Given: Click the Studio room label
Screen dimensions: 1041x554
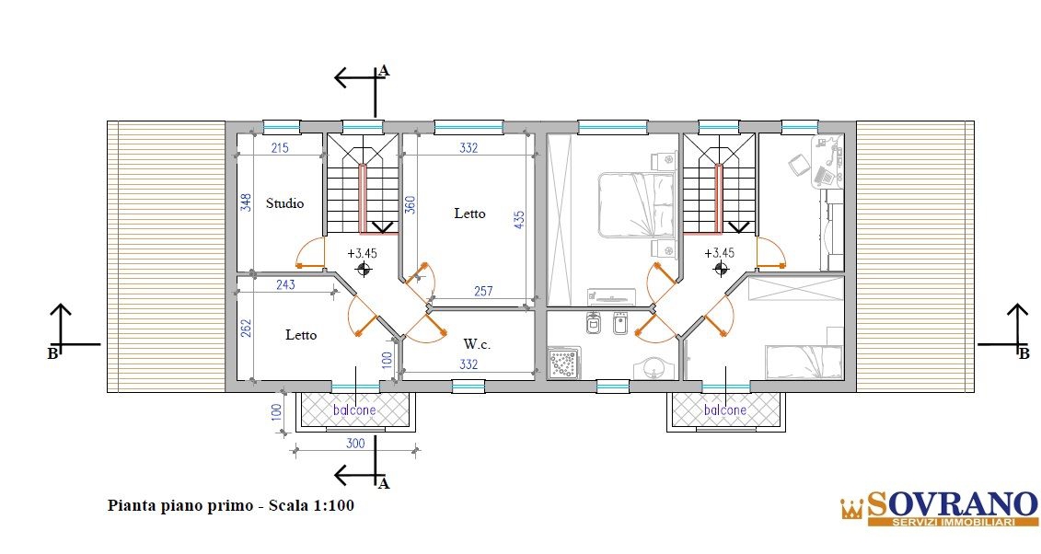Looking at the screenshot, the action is point(284,203).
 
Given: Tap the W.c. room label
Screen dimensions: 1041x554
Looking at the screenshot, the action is point(477,344).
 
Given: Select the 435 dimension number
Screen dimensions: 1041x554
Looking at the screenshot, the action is point(519,220).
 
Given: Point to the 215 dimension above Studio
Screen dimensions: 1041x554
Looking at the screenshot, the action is point(280,147).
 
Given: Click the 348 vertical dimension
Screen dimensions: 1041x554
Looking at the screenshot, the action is point(246,203).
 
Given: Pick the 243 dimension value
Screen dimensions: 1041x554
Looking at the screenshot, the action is point(285,284).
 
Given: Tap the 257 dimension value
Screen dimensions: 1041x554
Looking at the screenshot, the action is point(483,291).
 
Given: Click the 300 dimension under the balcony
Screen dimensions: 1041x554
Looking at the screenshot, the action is point(356,444).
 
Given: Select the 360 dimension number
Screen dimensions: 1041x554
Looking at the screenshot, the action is point(411,205).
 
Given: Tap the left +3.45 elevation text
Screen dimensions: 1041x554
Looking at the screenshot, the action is point(362,253).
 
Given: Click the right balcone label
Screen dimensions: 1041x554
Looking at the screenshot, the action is point(725,410).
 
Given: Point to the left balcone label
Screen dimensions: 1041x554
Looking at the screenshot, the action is point(354,410).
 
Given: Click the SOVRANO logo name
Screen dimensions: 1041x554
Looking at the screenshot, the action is point(952,504).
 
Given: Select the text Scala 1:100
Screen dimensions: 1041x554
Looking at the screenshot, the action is point(311,505).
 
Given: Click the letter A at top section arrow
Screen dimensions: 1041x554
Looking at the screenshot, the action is point(383,71).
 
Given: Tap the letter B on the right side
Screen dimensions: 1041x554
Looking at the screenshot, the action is point(1024,354).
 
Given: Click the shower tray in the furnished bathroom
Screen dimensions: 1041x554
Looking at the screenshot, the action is point(564,363).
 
